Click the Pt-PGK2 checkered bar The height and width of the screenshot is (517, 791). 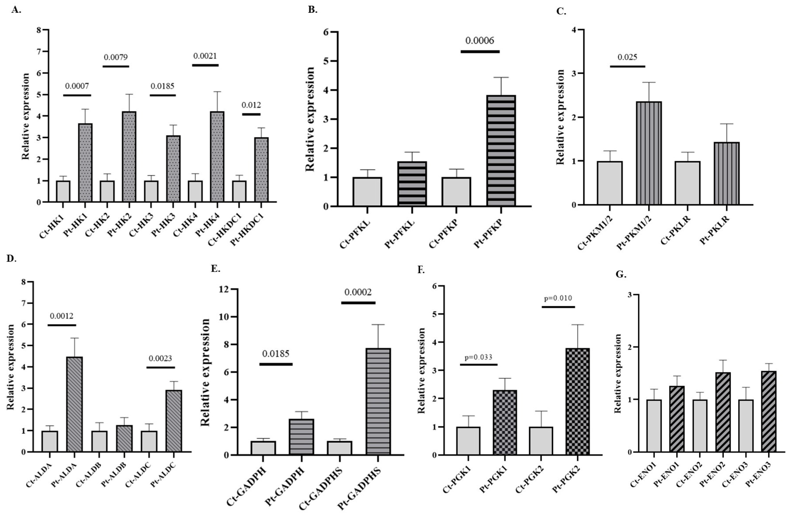tap(577, 401)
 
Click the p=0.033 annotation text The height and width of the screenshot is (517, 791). tap(479, 357)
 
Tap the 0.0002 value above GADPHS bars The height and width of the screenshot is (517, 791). tap(358, 292)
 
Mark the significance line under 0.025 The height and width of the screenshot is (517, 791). tap(627, 66)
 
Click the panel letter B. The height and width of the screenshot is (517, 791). tap(312, 10)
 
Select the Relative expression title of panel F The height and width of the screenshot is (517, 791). tap(421, 370)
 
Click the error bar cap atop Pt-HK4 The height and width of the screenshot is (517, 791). tap(217, 92)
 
